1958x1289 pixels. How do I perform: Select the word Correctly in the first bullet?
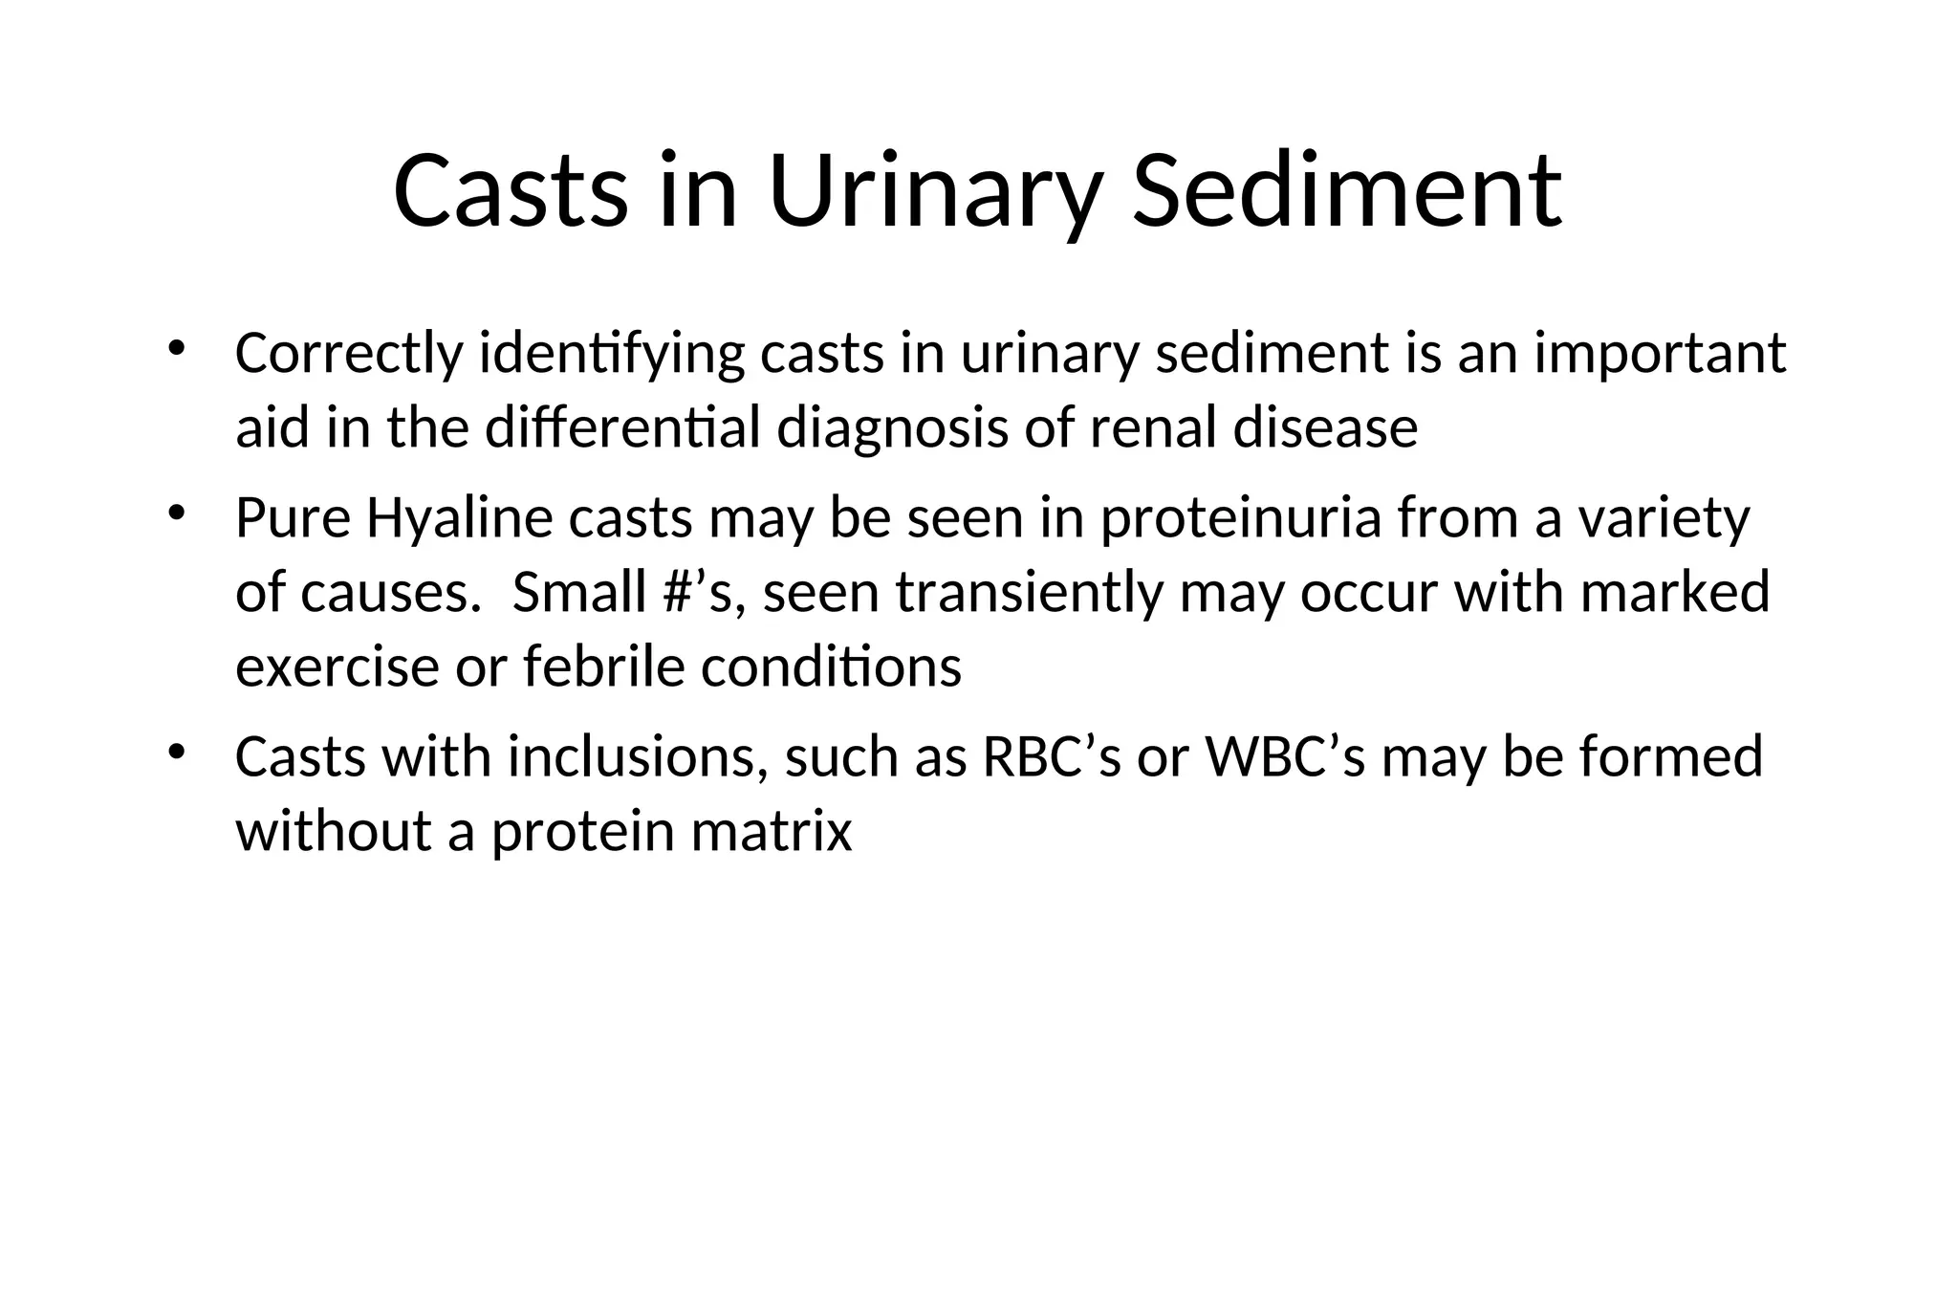click(349, 354)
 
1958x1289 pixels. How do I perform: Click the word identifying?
click(612, 354)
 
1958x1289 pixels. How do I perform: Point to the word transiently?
click(1029, 592)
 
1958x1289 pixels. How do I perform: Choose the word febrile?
click(604, 666)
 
